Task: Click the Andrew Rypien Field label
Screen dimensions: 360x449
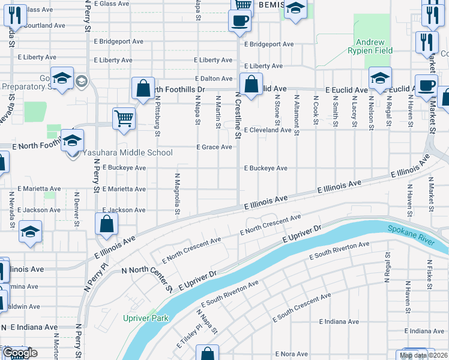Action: coord(374,47)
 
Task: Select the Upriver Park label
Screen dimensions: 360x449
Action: coord(146,319)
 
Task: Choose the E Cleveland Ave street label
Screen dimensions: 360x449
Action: coord(268,130)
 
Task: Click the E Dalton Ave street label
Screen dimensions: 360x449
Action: coord(214,79)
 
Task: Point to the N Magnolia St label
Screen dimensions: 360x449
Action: coord(178,193)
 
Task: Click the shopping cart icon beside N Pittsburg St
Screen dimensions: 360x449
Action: coord(124,118)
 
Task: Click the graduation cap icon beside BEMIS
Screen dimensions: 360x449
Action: coord(295,9)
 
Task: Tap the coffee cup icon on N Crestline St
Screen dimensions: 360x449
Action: coord(240,20)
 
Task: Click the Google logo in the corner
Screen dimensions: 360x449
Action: coord(19,353)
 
